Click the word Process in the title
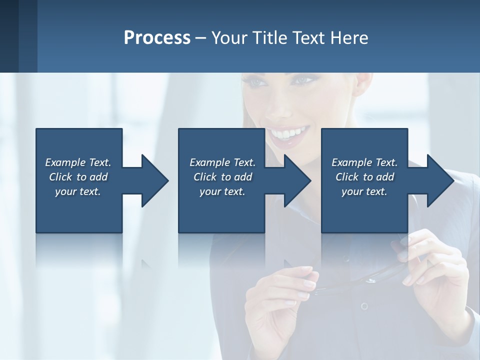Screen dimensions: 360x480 157,38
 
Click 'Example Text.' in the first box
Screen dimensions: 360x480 78,162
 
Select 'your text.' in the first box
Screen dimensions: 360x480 78,191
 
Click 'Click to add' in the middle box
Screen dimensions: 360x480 222,177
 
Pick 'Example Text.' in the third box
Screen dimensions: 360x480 364,162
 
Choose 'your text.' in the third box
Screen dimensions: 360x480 364,191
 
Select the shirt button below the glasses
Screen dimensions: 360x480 364,306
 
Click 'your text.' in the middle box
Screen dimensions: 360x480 222,191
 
